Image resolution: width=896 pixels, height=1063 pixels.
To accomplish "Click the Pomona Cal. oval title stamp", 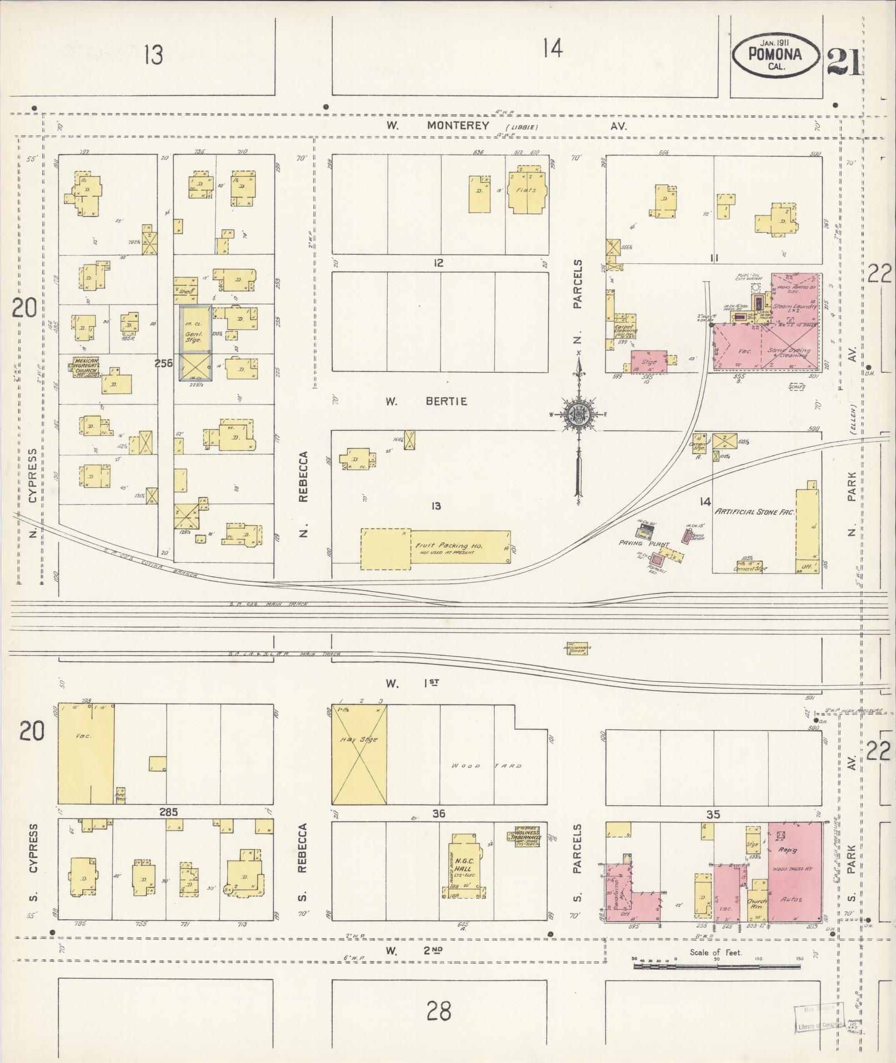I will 776,55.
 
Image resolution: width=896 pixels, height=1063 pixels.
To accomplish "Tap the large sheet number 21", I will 844,62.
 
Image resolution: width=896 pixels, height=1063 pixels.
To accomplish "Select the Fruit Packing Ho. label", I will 449,546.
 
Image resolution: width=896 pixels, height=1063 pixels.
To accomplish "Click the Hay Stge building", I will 359,755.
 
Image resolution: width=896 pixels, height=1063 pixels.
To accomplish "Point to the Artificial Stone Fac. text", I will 755,512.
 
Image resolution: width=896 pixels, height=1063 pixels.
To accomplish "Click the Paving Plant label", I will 644,544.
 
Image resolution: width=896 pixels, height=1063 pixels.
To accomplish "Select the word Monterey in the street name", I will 458,126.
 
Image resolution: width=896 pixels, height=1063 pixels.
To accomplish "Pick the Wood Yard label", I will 487,766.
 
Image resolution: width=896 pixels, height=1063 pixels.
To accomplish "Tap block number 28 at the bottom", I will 439,1010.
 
